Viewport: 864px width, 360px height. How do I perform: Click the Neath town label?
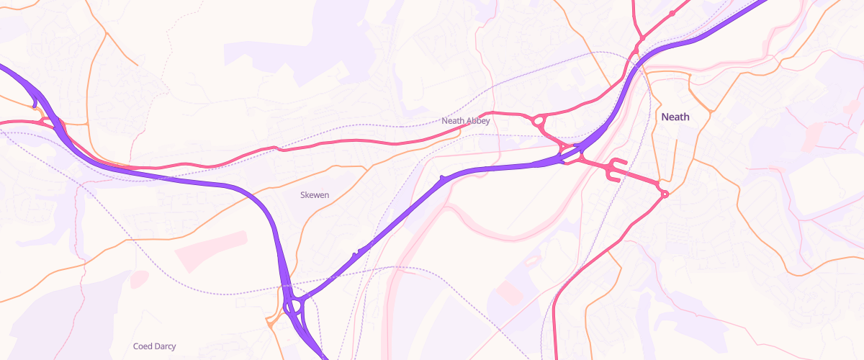[675, 117]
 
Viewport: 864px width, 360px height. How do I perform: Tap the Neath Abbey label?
[466, 121]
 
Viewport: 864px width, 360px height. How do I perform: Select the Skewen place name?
[315, 194]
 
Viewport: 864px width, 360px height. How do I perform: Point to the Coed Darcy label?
[154, 346]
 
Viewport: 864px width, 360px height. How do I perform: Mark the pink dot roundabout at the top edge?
[672, 13]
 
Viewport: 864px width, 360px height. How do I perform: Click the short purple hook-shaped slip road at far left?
[35, 105]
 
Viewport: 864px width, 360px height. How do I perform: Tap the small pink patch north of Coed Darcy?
[139, 279]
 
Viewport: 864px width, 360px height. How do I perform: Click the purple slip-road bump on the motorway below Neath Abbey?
[443, 176]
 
